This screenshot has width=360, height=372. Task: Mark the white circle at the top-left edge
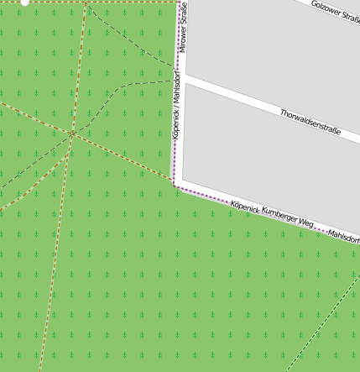click(24, 3)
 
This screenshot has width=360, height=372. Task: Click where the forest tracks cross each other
click(73, 133)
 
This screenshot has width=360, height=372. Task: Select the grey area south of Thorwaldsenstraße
click(269, 160)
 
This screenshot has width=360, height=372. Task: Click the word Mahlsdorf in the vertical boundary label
click(176, 89)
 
